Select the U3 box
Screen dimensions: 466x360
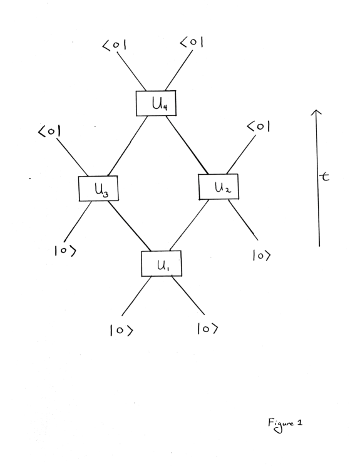pyautogui.click(x=99, y=188)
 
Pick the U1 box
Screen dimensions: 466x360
pyautogui.click(x=161, y=264)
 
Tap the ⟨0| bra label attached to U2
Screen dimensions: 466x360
pyautogui.click(x=259, y=127)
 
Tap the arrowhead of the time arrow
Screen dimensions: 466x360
pyautogui.click(x=319, y=113)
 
